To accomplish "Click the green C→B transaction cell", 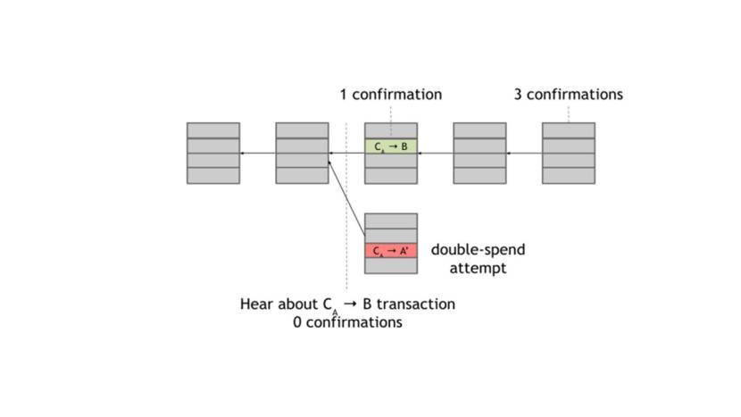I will point(391,146).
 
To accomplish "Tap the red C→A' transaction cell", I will point(391,251).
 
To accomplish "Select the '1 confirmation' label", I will point(390,95).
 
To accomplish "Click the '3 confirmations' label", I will point(568,95).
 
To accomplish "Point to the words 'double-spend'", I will point(478,250).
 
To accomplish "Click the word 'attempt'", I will point(478,268).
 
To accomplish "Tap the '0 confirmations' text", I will point(347,322).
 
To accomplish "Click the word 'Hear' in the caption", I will point(255,304).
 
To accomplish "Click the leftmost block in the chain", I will point(213,154).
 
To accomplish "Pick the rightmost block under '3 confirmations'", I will point(569,154).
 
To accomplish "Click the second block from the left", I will point(302,154).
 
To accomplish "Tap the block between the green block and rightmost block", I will point(479,154).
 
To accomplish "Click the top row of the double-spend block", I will point(391,221).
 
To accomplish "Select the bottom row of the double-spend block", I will point(391,266).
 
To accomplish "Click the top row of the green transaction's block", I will point(391,130).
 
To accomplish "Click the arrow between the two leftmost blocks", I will point(258,154).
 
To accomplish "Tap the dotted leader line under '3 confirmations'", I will point(569,113).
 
